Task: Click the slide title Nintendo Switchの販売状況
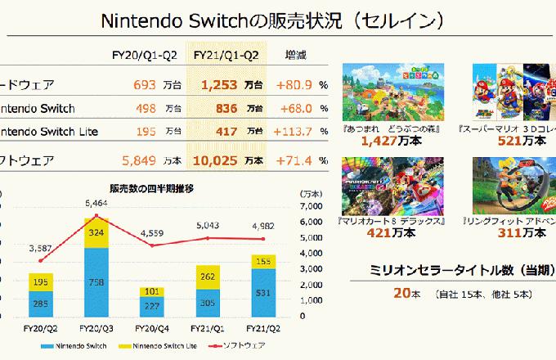278,20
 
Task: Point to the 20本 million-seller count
401,292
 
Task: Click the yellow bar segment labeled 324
96,233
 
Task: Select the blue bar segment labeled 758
96,282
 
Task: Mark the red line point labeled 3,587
41,260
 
